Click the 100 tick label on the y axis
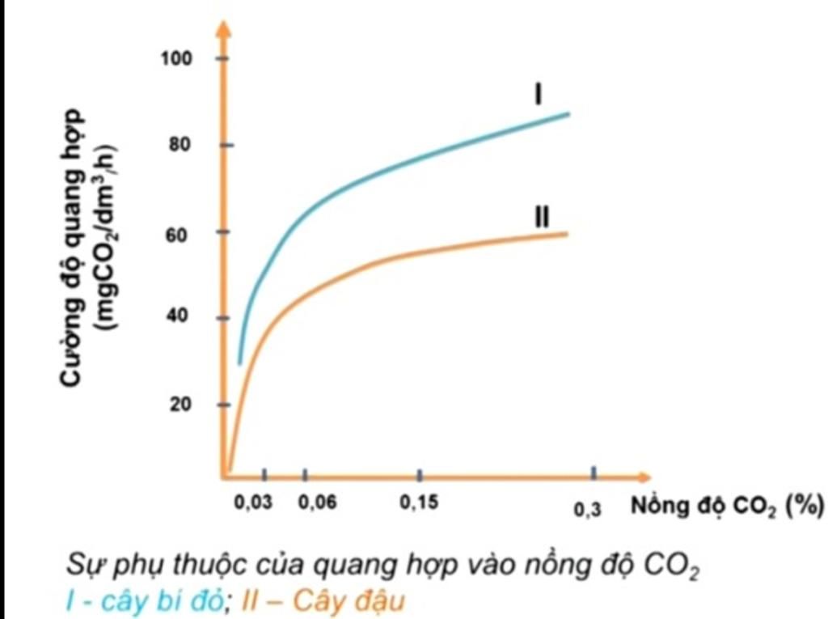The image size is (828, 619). point(179,59)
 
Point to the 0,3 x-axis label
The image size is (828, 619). point(587,511)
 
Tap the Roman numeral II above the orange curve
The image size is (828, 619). point(542,217)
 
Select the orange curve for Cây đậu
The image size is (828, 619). point(404,256)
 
